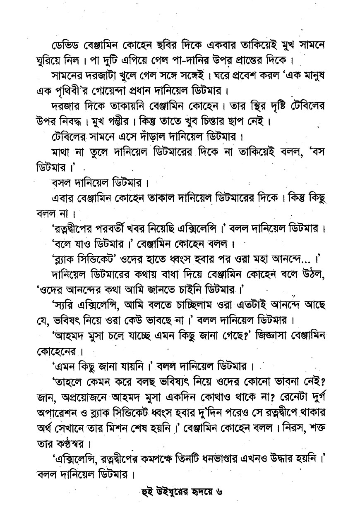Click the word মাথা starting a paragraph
tap(62, 152)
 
